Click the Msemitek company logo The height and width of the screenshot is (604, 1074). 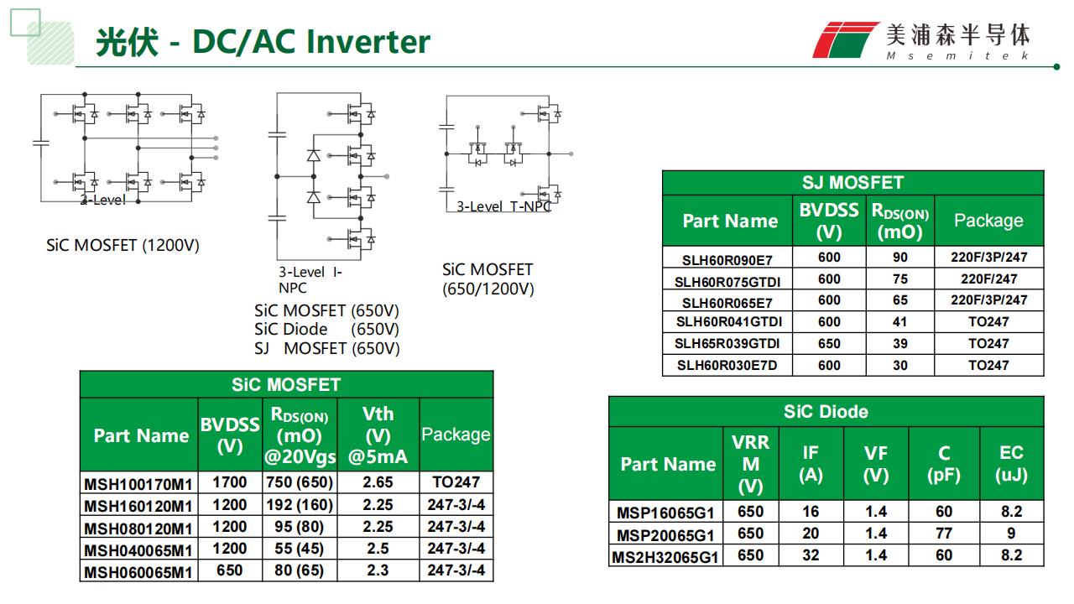coord(922,39)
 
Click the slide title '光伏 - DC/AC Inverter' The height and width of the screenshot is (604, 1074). coord(263,41)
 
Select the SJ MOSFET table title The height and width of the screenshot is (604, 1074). coord(852,183)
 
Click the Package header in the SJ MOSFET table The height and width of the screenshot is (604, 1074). coord(988,221)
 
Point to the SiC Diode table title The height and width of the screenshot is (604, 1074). coord(826,411)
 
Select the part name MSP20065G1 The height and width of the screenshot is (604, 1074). coord(666,534)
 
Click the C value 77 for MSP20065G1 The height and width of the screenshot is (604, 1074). coord(944,534)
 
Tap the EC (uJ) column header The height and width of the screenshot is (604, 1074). coord(1011,464)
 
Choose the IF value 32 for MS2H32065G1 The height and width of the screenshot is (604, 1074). coord(810,555)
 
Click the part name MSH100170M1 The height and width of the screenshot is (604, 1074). coord(138,483)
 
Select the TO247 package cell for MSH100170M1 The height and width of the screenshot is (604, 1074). coord(456,482)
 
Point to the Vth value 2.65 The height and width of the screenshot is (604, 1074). coord(378,482)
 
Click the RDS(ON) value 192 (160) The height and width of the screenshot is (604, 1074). coord(300,505)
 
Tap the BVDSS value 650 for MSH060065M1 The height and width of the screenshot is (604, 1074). coord(229,570)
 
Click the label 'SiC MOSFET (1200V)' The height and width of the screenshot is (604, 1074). coord(123,246)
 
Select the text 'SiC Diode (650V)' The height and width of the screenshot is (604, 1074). coord(326,329)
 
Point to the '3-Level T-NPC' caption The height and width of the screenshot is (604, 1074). coord(503,206)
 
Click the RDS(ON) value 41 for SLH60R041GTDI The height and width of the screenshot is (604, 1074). coord(899,321)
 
